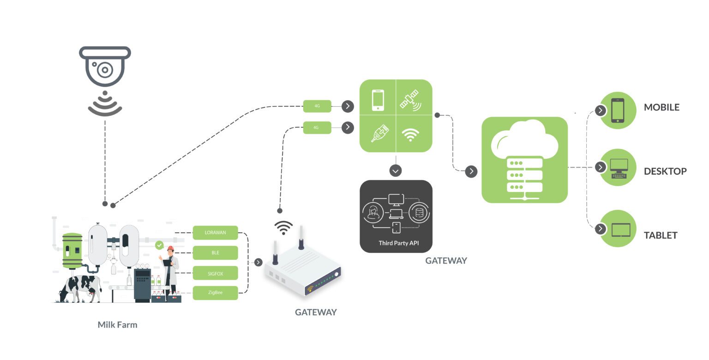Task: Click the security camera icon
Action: click(x=105, y=67)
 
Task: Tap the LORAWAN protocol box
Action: click(x=215, y=233)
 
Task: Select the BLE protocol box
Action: click(x=215, y=253)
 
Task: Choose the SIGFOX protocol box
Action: click(x=215, y=273)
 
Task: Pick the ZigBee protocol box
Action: click(x=215, y=293)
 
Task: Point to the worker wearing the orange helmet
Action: click(x=170, y=270)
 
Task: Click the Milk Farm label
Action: click(x=117, y=325)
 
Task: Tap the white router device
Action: click(x=302, y=270)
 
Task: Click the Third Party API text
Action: click(x=396, y=243)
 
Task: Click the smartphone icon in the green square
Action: click(x=378, y=100)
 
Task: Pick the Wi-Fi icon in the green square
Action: click(x=410, y=134)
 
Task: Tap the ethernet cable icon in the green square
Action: click(x=380, y=133)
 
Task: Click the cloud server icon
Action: click(x=524, y=160)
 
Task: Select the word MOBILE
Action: click(x=661, y=108)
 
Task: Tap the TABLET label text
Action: click(x=661, y=235)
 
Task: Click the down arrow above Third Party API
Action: click(x=396, y=170)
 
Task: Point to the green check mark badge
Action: click(x=159, y=245)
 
